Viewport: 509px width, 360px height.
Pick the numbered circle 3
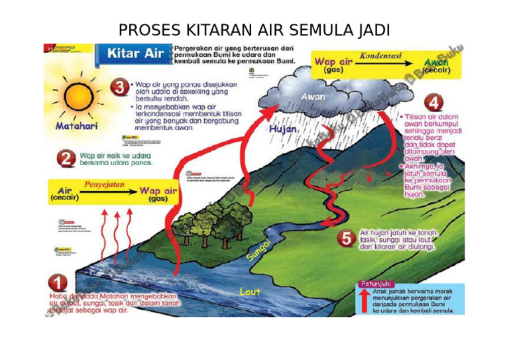pos(119,88)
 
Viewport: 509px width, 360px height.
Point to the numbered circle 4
pos(433,103)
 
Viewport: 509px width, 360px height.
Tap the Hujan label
pos(282,130)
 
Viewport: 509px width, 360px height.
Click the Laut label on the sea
pos(250,290)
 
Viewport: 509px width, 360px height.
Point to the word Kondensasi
pos(380,56)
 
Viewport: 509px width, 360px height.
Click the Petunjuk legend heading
pos(373,283)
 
